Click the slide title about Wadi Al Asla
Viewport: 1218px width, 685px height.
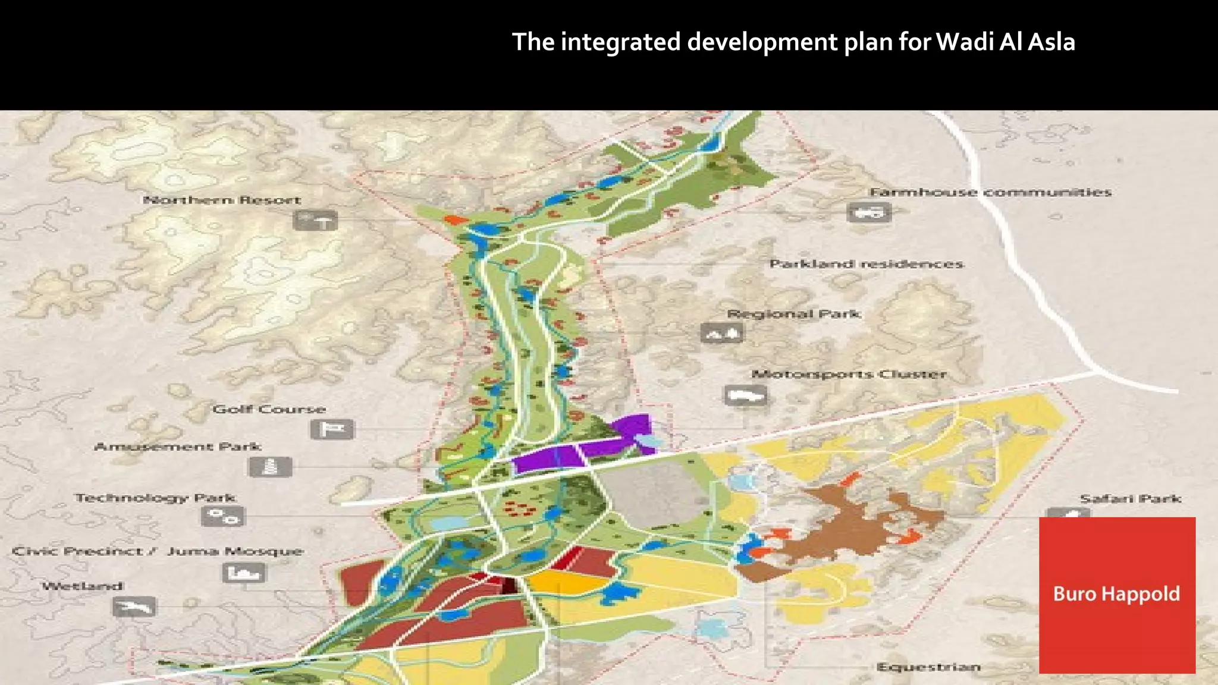point(793,42)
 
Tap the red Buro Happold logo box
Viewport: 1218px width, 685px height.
point(1117,595)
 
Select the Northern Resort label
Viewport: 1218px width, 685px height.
point(222,200)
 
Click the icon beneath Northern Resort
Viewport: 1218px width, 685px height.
point(315,221)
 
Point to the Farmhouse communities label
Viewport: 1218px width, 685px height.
point(990,192)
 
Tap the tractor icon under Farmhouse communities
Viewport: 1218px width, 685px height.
point(869,212)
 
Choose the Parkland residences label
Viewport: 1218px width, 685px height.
point(866,263)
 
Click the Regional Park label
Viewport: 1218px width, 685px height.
point(794,313)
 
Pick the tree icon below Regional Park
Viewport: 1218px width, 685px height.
point(722,334)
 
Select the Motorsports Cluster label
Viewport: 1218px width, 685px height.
point(849,374)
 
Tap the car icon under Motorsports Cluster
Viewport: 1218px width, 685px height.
point(745,395)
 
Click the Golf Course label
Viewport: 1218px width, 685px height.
point(269,409)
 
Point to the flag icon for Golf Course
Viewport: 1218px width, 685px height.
point(332,429)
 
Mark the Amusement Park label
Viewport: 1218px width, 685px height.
point(177,446)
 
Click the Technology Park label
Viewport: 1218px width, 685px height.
point(155,498)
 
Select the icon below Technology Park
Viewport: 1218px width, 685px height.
point(223,517)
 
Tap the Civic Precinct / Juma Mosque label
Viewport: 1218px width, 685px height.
point(158,551)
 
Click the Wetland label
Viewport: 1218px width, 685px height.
point(83,586)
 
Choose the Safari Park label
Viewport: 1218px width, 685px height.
point(1130,498)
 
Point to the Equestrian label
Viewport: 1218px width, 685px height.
point(928,667)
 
